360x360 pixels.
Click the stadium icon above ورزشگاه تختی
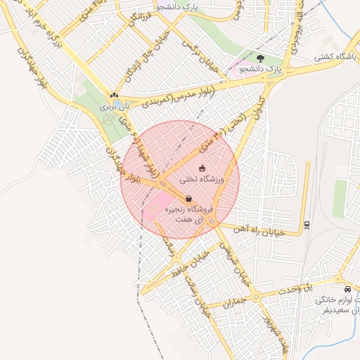pos(202,168)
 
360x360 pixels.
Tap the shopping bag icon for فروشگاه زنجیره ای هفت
pos(188,198)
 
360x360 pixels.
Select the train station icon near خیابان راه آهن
pos(307,225)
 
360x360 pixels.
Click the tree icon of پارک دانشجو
pos(262,58)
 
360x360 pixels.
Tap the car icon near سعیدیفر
pos(347,289)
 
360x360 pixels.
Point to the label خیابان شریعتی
pos(232,261)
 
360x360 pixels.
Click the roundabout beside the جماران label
pos(256,297)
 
